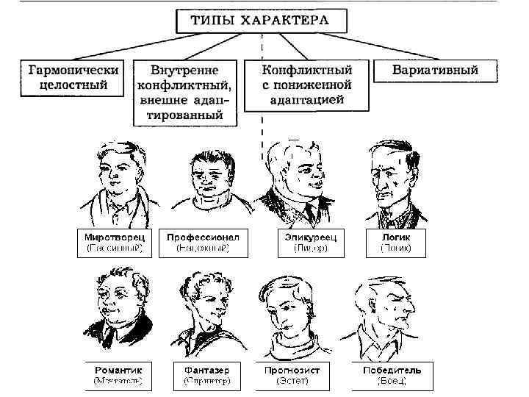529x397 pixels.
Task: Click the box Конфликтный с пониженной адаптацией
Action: coord(308,85)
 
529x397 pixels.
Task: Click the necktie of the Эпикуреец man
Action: coord(309,213)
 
